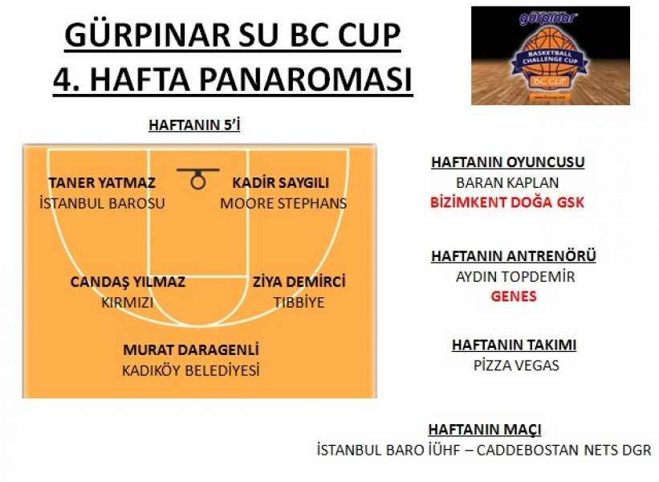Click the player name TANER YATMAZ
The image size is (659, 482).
pyautogui.click(x=102, y=183)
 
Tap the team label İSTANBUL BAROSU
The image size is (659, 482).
pyautogui.click(x=102, y=203)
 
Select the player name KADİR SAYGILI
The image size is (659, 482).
pyautogui.click(x=281, y=183)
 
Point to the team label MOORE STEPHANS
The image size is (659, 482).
pyautogui.click(x=283, y=203)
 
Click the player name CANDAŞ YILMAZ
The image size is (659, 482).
pyautogui.click(x=128, y=282)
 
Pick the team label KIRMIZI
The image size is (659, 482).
pyautogui.click(x=128, y=303)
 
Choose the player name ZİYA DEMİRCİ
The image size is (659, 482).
pyautogui.click(x=299, y=282)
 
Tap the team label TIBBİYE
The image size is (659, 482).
pyautogui.click(x=299, y=303)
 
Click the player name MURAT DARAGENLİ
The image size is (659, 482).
pyautogui.click(x=191, y=350)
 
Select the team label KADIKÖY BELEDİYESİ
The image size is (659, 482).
pyautogui.click(x=191, y=370)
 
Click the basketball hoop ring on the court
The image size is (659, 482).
pyautogui.click(x=198, y=182)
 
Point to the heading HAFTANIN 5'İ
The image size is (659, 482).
pyautogui.click(x=194, y=125)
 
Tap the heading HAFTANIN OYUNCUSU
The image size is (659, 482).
pyautogui.click(x=508, y=162)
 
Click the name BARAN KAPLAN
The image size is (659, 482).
pyautogui.click(x=507, y=183)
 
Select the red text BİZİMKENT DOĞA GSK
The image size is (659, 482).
pyautogui.click(x=507, y=202)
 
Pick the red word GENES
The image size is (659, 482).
pyautogui.click(x=514, y=296)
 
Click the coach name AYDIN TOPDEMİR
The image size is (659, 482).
pyautogui.click(x=515, y=277)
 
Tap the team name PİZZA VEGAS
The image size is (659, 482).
pyautogui.click(x=516, y=366)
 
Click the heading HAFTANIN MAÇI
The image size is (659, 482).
pyautogui.click(x=485, y=430)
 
